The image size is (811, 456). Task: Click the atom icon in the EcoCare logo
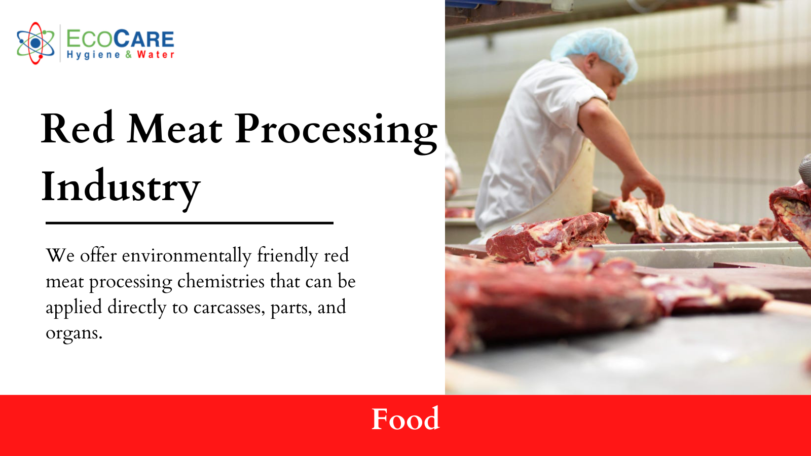(x=35, y=43)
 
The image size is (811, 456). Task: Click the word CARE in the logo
(x=144, y=40)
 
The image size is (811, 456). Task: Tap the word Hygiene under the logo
(x=94, y=55)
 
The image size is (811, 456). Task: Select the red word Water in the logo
(x=156, y=55)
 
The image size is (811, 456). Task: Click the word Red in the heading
(x=78, y=129)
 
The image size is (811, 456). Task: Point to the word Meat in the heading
(x=175, y=129)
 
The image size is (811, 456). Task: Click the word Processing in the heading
(x=336, y=131)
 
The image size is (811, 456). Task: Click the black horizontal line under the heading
(x=189, y=222)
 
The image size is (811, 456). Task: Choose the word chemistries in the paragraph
(x=221, y=281)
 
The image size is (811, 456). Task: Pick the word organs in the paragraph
(x=73, y=333)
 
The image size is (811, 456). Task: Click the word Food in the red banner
(x=405, y=419)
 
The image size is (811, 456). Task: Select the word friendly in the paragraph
(x=287, y=255)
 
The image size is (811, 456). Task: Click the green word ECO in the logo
(x=89, y=40)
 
